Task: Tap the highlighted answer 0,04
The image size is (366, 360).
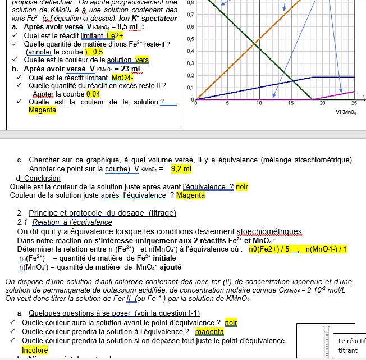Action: (93, 94)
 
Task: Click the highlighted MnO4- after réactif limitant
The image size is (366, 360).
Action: (123, 78)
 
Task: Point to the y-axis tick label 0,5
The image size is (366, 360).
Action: (191, 39)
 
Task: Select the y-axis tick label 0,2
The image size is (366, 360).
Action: (191, 75)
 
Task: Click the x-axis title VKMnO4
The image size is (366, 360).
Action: (347, 112)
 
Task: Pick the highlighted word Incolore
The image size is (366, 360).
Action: (35, 350)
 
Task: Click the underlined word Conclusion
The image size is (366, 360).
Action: (42, 179)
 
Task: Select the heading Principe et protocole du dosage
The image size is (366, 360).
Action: (102, 213)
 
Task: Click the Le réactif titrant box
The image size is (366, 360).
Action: (352, 345)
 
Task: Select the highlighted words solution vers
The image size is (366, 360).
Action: (134, 60)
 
